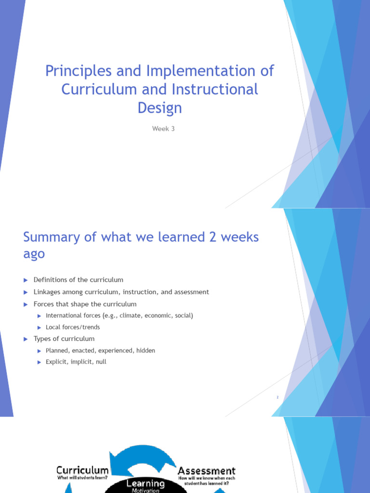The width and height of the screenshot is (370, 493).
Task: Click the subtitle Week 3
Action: [159, 129]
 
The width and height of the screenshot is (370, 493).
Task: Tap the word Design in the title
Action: [159, 107]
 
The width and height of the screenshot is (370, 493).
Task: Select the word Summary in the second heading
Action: [52, 237]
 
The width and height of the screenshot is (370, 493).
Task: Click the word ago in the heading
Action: [34, 254]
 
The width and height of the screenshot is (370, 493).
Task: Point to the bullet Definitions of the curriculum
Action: [78, 280]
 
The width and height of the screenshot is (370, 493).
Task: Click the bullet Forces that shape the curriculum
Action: [85, 304]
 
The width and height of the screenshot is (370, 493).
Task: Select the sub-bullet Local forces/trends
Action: [73, 327]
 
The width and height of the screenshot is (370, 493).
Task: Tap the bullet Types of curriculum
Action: [64, 339]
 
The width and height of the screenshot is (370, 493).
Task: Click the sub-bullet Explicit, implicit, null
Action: [76, 362]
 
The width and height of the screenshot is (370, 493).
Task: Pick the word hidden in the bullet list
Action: [145, 350]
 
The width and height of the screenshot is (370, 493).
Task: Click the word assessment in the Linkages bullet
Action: [192, 292]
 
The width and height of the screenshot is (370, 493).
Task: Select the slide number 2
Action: [278, 397]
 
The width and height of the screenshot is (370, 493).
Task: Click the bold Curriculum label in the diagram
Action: [82, 470]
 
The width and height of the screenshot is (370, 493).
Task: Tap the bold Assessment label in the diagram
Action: [207, 471]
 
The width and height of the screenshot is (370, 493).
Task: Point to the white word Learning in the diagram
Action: [145, 483]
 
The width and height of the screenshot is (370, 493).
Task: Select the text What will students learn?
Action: [82, 478]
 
